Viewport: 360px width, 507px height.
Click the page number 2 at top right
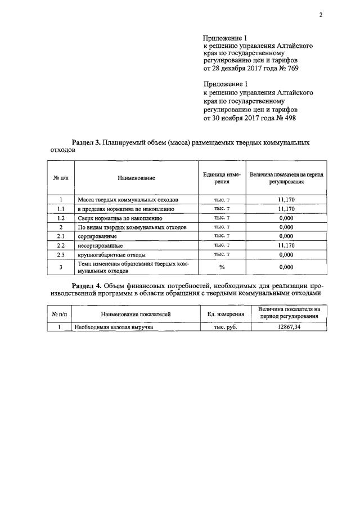[320, 15]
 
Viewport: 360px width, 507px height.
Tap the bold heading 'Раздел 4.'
[88, 285]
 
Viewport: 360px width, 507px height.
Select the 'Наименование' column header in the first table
[136, 178]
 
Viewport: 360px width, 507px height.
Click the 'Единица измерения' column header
[222, 178]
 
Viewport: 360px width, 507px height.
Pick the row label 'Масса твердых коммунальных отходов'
[128, 200]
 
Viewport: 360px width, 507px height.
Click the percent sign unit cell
[222, 267]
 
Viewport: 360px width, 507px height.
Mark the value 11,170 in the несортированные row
[286, 245]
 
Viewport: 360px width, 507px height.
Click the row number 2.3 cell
[60, 254]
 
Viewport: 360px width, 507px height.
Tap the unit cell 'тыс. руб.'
[225, 326]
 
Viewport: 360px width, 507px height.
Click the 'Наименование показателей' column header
[136, 313]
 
